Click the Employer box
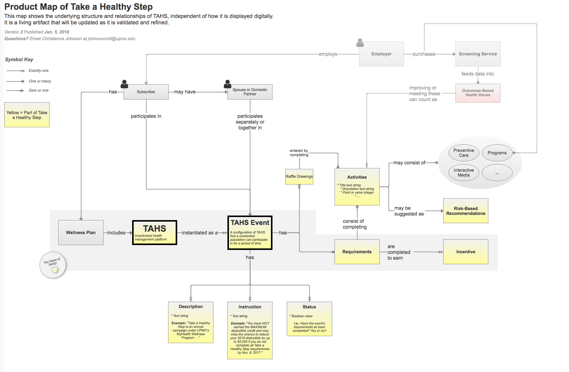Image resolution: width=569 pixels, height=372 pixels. (381, 54)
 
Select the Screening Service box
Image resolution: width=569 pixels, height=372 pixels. (478, 54)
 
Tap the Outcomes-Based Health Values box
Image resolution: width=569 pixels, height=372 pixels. (478, 93)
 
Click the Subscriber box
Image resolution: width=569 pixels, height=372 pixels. (146, 92)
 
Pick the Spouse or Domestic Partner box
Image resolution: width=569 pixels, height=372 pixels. (250, 92)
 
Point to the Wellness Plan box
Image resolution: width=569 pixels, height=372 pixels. (81, 233)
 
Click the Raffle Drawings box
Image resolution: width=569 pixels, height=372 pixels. (299, 177)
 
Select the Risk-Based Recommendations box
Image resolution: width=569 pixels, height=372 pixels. (465, 211)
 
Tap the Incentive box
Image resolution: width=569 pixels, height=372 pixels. (465, 252)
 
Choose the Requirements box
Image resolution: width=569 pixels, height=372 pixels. (357, 252)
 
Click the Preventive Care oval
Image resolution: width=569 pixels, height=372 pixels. (463, 153)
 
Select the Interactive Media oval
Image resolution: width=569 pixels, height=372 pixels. (463, 173)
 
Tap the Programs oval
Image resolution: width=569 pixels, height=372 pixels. (497, 153)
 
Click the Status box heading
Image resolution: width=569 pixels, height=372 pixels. (309, 307)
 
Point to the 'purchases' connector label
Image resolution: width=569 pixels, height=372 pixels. (424, 54)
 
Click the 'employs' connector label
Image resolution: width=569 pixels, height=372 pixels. (328, 54)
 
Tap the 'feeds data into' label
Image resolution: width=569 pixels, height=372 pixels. (477, 74)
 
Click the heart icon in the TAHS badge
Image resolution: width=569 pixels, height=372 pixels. (54, 270)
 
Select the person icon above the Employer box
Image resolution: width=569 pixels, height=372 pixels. (360, 43)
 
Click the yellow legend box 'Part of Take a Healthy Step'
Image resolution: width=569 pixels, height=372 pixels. (27, 115)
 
